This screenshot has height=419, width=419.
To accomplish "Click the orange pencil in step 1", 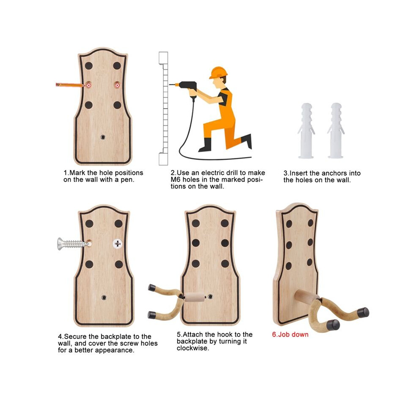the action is coord(70,85).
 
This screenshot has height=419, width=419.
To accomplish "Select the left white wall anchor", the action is coord(306,131).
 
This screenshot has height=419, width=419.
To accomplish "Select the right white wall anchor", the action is coord(336,131).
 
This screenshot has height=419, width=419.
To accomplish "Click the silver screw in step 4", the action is coord(73,244).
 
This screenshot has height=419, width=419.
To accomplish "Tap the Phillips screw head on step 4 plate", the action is coord(117,244).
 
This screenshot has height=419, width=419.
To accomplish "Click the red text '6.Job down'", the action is coord(290,334).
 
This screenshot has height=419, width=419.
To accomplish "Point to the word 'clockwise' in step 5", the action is coord(193,348).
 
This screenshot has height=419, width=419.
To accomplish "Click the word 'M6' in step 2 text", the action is coord(175,179).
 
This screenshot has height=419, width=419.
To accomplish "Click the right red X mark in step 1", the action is coord(117,85).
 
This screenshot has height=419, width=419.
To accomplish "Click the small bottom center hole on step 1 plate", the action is coord(103,137).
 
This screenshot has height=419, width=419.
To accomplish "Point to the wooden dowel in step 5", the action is coord(195,297).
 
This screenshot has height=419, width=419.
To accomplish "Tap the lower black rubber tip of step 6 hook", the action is coord(333,324).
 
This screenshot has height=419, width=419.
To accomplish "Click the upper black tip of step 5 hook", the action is coord(152,287).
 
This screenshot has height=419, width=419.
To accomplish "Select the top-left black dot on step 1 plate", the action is coord(89,66).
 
